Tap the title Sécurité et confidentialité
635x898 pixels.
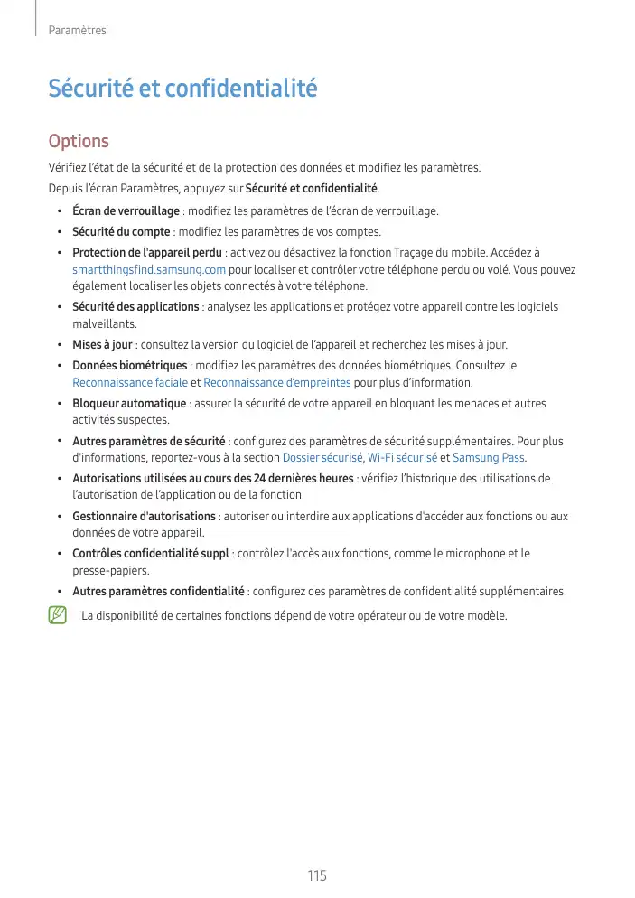click(182, 89)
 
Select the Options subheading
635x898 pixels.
click(79, 142)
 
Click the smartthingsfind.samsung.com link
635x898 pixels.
click(149, 270)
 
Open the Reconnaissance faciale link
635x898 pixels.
click(130, 382)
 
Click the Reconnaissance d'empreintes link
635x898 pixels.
click(277, 382)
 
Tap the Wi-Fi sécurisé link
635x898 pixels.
click(402, 458)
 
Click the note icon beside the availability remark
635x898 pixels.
click(58, 616)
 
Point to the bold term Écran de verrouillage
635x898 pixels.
click(126, 211)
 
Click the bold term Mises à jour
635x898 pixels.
click(102, 345)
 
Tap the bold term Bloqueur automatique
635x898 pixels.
click(129, 404)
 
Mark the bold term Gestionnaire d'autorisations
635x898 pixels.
click(144, 517)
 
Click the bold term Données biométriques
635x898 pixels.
click(129, 366)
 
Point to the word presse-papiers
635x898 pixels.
click(110, 571)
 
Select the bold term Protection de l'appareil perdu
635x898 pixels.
click(146, 253)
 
